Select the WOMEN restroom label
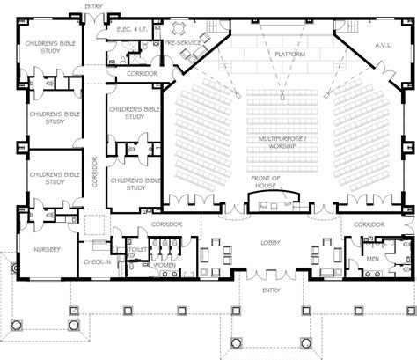coord(165,265)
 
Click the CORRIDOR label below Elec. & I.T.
coord(142,73)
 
